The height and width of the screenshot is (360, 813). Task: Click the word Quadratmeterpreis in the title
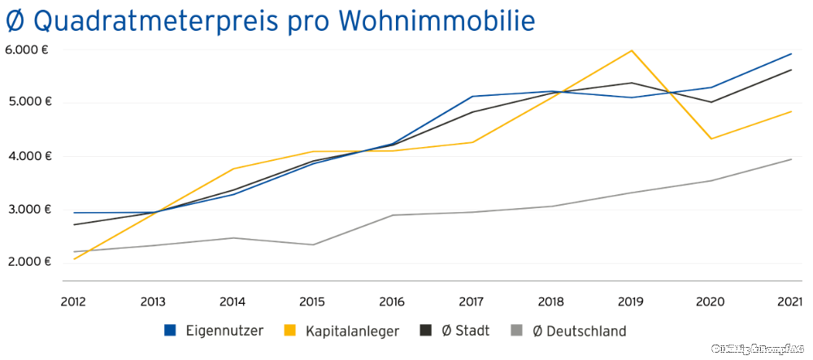pos(147,20)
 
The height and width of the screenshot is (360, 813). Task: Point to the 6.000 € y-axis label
pos(28,50)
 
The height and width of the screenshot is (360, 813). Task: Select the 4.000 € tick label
pos(28,156)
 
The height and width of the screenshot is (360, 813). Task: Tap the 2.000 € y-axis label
pos(28,262)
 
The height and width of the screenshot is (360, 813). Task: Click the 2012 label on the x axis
pos(74,301)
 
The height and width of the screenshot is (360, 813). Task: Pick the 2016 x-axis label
pos(392,301)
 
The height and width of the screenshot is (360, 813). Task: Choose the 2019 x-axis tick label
pos(631,301)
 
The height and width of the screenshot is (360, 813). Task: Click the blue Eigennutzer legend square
pos(170,331)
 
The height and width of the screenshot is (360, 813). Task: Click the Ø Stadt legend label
pos(465,331)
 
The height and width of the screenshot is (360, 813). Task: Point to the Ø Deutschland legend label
pos(579,331)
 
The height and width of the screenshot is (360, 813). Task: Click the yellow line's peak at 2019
pos(632,50)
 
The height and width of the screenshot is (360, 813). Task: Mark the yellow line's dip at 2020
pos(711,139)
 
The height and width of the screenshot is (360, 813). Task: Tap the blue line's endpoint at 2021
pos(791,54)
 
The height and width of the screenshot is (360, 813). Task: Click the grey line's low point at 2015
pos(313,245)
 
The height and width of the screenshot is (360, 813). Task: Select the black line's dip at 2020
pos(711,102)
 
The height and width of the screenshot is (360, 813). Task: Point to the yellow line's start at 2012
pos(74,258)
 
